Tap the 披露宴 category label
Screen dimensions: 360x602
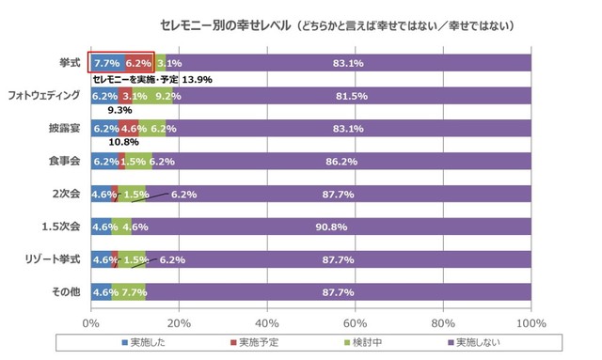65,129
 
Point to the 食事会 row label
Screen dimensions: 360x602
65,162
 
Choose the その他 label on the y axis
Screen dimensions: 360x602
65,291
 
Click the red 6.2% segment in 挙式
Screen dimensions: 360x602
138,63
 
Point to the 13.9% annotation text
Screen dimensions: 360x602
196,80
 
